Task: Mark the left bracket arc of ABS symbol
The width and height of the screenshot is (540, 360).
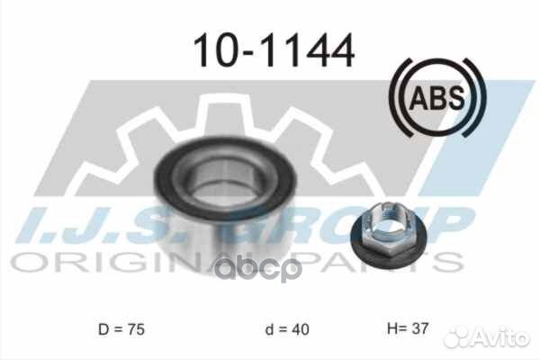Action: pos(399,95)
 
